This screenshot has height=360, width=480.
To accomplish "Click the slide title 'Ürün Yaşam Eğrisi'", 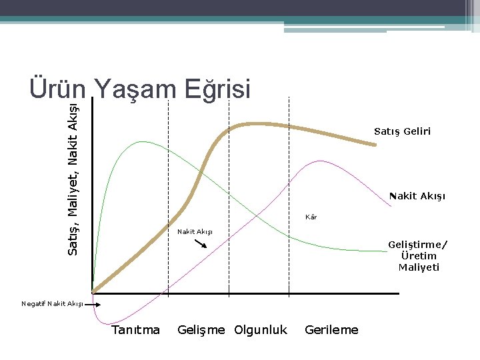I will click(x=139, y=89).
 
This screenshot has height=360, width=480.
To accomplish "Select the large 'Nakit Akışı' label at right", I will click(x=417, y=196).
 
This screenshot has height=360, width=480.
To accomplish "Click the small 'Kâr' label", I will click(x=311, y=217).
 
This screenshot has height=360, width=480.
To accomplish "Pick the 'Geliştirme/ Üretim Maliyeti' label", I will click(x=418, y=256).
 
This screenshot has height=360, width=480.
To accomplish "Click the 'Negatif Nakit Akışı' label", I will click(x=52, y=304).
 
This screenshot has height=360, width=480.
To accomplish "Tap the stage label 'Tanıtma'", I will click(x=136, y=329).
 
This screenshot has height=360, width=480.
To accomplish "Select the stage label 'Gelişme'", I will click(x=201, y=329).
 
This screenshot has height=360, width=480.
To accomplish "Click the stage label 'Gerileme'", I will click(x=331, y=329).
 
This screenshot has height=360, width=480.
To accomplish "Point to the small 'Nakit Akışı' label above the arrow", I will click(x=195, y=232).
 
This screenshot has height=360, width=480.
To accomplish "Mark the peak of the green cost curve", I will click(x=141, y=141).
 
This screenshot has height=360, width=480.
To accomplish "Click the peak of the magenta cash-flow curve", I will click(x=321, y=161).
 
